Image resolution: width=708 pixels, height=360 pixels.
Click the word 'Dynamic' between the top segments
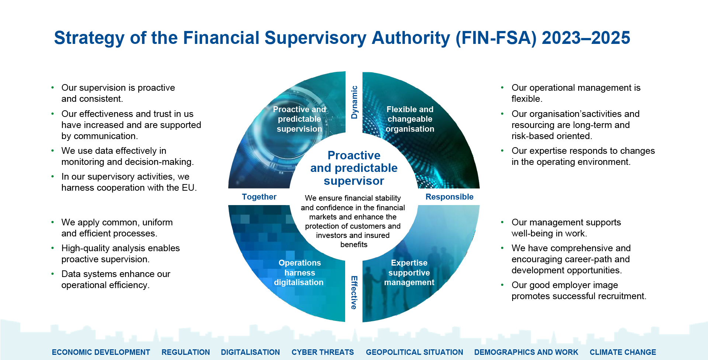(354, 102)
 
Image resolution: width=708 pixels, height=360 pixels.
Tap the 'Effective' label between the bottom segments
(354, 292)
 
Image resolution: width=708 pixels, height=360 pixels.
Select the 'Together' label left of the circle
(259, 197)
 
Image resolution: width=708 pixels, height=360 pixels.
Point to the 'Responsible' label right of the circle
(449, 197)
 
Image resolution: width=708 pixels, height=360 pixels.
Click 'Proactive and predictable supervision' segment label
(299, 119)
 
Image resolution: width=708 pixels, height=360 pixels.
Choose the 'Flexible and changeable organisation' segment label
(410, 119)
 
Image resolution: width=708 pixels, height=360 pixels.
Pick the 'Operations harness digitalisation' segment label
(299, 273)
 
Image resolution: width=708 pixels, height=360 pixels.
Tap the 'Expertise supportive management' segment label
(409, 273)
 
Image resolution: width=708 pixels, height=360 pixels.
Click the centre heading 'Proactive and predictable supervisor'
(354, 168)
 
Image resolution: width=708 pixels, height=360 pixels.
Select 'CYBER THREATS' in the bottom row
(322, 352)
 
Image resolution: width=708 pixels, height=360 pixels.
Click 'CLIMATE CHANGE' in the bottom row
(622, 352)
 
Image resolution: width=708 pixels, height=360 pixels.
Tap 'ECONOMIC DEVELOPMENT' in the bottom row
(101, 352)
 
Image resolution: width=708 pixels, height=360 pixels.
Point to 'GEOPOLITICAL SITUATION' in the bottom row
(414, 352)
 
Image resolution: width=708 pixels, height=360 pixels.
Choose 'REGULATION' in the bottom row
(185, 352)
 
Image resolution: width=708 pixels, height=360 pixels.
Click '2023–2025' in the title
(586, 38)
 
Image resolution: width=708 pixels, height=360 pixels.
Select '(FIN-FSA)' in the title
(496, 38)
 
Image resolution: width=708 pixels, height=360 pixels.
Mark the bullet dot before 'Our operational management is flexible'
(502, 87)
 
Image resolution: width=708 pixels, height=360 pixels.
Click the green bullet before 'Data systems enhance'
(52, 274)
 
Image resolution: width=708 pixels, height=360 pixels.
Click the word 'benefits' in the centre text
(354, 245)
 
